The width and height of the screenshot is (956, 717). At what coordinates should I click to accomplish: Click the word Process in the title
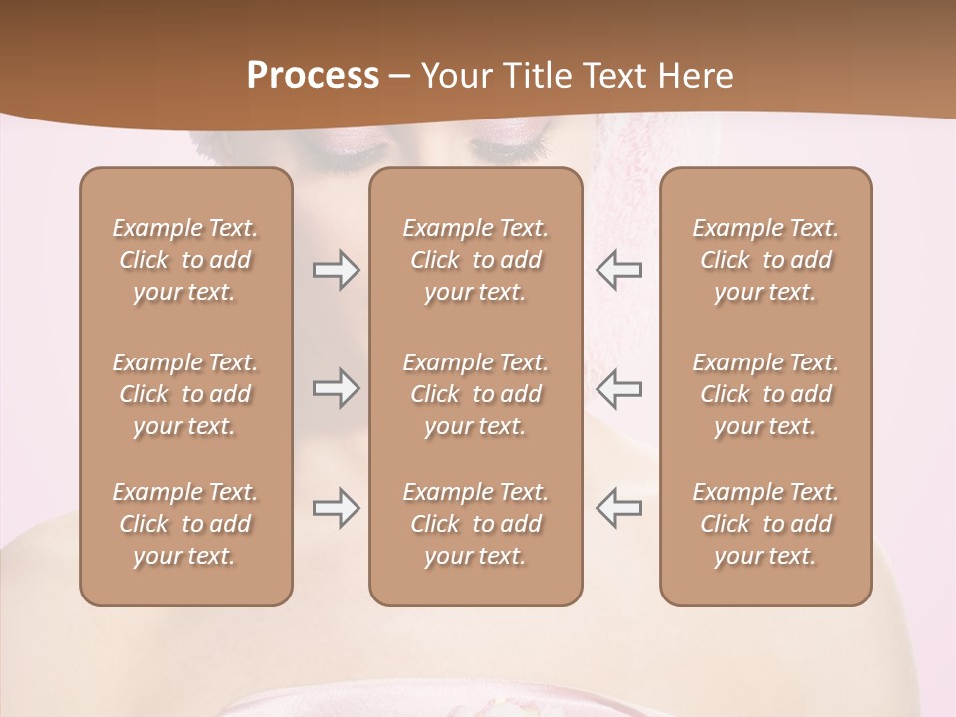point(313,76)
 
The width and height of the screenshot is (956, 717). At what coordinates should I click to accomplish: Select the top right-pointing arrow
point(337,270)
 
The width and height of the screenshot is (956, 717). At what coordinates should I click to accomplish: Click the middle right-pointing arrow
point(337,388)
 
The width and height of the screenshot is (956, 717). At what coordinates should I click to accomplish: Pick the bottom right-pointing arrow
point(337,508)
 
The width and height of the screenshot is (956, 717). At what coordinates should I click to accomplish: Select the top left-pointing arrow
point(618,270)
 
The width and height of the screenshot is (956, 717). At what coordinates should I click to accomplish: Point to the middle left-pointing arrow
point(618,388)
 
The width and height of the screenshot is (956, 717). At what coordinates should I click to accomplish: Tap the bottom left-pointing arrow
point(618,508)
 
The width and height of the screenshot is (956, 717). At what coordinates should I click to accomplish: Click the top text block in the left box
point(185,260)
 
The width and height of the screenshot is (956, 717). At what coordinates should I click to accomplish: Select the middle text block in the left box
point(185,394)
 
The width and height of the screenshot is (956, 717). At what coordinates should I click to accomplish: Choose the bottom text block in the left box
point(185,524)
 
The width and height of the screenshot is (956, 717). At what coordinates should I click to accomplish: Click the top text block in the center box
point(475,260)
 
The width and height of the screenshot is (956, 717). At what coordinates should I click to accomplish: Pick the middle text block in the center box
point(475,394)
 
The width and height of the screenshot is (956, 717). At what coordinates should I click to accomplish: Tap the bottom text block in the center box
point(475,524)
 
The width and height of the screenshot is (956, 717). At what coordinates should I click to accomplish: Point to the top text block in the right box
point(765,260)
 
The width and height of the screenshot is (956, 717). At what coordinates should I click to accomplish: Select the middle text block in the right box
point(765,394)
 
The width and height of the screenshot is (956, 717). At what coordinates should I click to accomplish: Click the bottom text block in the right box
point(765,524)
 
